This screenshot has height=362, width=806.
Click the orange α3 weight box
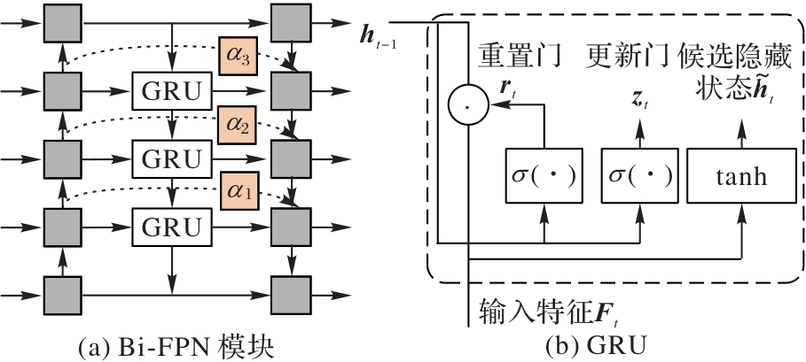click(239, 58)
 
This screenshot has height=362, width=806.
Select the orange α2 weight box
click(239, 126)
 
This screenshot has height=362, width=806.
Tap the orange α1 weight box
click(239, 191)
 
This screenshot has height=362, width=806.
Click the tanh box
click(739, 176)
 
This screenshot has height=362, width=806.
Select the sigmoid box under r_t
click(541, 176)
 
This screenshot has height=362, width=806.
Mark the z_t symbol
click(638, 100)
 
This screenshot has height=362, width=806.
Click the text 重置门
click(521, 56)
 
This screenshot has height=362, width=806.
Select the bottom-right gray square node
click(290, 290)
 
